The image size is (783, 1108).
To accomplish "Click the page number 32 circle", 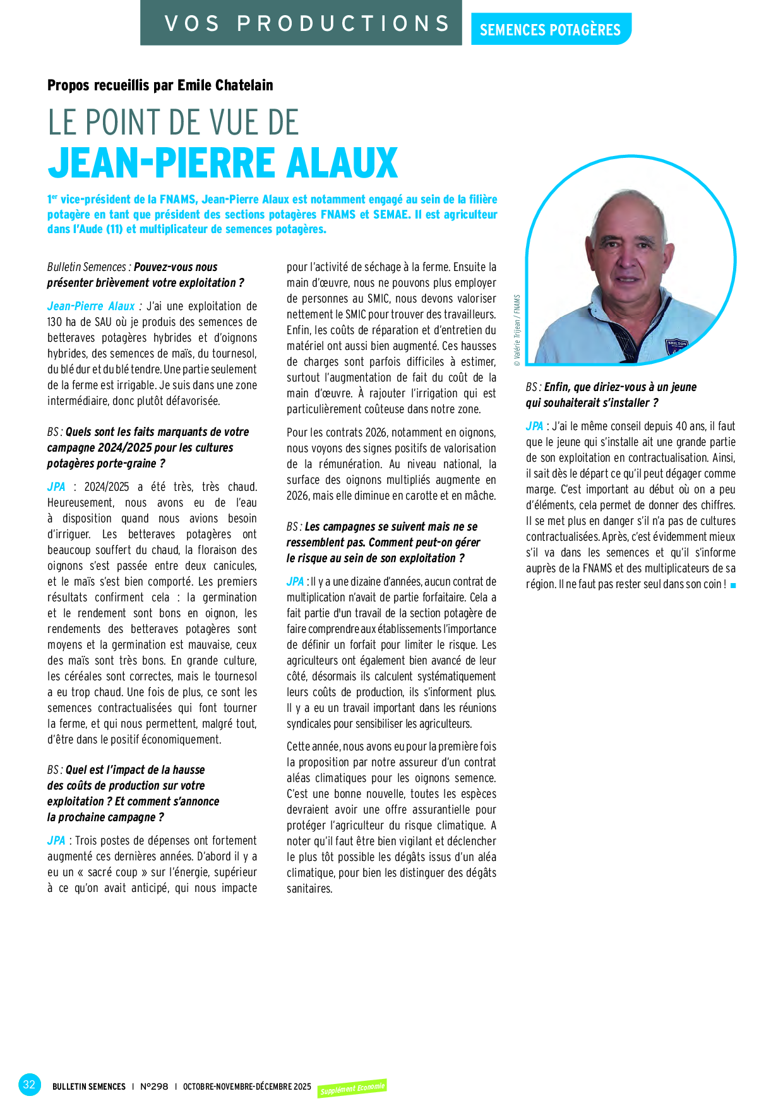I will click(29, 1085).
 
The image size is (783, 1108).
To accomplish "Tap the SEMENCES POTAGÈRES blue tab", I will click(550, 30).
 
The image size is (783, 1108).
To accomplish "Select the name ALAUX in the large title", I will click(342, 163).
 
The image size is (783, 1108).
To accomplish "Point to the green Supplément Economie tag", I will click(352, 1088).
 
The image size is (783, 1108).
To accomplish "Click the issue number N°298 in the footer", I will click(154, 1087).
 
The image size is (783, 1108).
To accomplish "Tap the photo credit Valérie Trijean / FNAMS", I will click(517, 330).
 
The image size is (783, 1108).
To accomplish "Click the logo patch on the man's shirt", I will click(677, 346).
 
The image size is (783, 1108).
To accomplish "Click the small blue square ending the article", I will click(733, 586).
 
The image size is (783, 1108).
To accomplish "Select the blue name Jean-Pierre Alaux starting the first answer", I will click(91, 306).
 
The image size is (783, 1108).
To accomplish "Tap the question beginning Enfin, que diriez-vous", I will click(611, 395).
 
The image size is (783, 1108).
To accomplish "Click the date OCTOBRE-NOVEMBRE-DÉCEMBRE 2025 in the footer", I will click(247, 1087).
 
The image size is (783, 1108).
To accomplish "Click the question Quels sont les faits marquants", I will click(148, 447).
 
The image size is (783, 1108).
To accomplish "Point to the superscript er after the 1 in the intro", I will click(54, 197).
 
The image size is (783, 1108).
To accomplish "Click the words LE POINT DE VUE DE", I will click(173, 123).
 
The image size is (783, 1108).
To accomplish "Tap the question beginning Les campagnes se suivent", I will click(383, 542).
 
